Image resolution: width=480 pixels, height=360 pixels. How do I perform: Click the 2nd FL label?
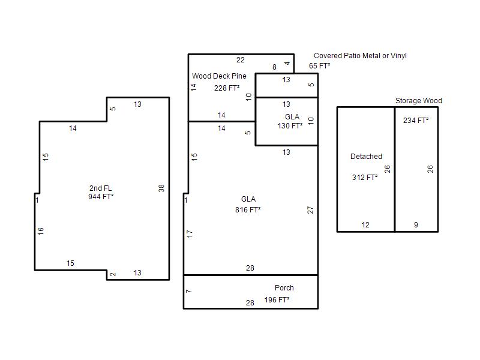(x=101, y=188)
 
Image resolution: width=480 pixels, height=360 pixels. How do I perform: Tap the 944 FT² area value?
(x=101, y=197)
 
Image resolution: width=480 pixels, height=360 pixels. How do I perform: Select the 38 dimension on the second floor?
(x=161, y=188)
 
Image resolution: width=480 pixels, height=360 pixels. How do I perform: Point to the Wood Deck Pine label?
(x=219, y=76)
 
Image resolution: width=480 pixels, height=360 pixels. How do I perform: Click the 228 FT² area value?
(x=227, y=88)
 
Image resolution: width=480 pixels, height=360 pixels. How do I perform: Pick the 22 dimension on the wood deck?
(x=241, y=60)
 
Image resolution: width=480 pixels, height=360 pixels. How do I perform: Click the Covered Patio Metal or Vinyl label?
(x=361, y=56)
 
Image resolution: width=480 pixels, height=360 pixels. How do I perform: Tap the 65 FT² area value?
(x=320, y=66)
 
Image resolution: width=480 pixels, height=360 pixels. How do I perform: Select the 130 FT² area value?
(x=290, y=126)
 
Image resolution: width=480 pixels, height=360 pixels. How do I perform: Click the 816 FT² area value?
(x=248, y=209)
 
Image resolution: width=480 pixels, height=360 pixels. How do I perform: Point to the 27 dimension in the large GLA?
(x=310, y=210)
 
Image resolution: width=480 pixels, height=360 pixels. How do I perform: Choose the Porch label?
(x=284, y=288)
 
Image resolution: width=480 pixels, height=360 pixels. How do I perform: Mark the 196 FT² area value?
(x=277, y=299)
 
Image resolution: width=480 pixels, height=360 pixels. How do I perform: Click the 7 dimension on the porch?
(x=189, y=291)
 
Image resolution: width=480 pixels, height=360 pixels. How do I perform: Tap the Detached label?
(x=367, y=157)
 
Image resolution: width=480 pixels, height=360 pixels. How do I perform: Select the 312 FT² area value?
(x=365, y=177)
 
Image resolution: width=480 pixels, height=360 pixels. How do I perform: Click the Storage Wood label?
(x=419, y=101)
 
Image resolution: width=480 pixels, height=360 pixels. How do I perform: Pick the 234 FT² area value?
(x=416, y=121)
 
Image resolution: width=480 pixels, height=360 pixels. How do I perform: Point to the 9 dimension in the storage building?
(x=416, y=225)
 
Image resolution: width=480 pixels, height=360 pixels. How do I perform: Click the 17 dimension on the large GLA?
(x=190, y=234)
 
